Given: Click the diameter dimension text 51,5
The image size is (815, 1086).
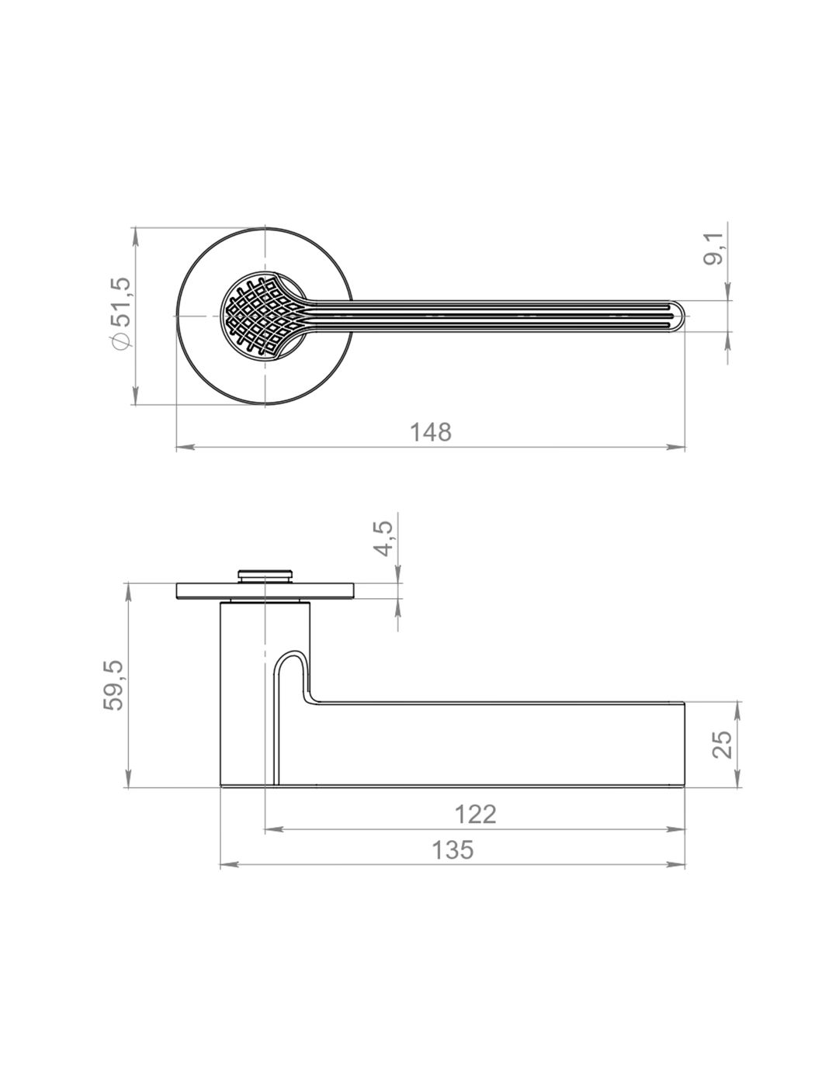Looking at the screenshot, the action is pos(122,301).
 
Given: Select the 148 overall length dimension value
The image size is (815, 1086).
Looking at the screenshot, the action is pos(431,432).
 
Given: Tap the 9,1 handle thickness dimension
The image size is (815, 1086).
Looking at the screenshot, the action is pos(713,249).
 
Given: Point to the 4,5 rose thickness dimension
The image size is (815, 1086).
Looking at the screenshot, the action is pos(383,539).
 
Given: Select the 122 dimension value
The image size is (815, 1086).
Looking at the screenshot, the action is pos(475,814).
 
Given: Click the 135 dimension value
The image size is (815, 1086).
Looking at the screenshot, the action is pos(453,849).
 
